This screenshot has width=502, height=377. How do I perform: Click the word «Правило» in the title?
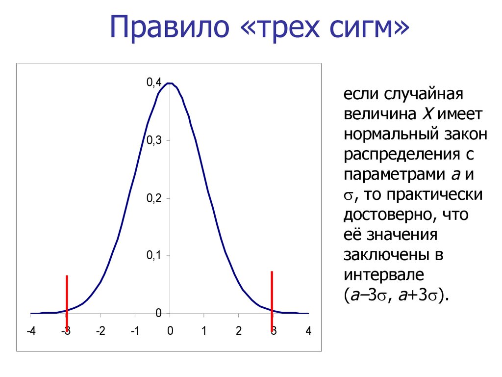170,27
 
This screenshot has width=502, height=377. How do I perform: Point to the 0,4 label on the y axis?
154,82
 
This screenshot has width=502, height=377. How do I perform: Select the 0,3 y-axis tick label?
154,140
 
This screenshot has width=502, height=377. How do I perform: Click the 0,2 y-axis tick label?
154,198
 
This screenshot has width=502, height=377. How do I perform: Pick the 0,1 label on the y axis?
154,255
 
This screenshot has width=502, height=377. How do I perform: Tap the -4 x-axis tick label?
31,331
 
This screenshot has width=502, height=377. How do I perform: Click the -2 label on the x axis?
100,331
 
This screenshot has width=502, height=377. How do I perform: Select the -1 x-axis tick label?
135,331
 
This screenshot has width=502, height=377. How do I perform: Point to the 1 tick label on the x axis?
204,331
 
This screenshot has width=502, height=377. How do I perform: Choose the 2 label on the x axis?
239,331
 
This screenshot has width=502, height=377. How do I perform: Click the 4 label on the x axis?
308,331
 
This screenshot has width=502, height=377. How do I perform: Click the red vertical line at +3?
272,301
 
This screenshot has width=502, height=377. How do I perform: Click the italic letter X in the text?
427,114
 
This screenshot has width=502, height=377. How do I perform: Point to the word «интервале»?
383,275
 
